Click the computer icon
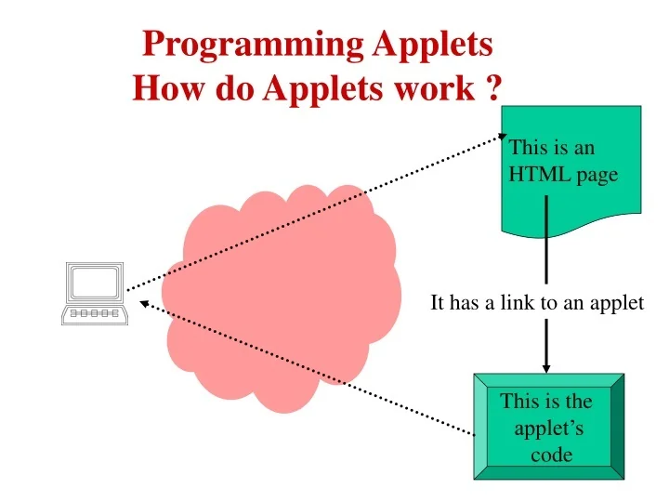93,294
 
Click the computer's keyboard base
92,314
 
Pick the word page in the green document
596,175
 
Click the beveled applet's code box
548,427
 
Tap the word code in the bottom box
551,455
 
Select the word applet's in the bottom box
548,429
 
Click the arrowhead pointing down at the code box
546,364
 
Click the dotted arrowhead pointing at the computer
143,302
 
